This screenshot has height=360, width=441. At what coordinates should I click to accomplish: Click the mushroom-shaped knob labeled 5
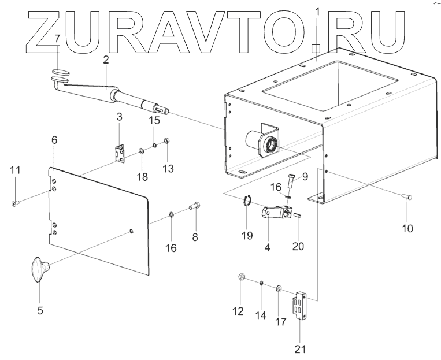tap(39, 270)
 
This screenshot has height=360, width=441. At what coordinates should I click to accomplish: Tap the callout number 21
tap(301, 349)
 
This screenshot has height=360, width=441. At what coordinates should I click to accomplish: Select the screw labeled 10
tap(407, 198)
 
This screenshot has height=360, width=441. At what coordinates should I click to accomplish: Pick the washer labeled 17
tap(279, 287)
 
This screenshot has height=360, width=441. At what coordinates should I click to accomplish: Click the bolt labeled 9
tap(290, 184)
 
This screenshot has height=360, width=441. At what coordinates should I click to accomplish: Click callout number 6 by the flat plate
tap(54, 140)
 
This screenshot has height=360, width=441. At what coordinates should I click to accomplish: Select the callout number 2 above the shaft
tap(106, 60)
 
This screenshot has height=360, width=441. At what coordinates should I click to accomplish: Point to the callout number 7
tap(57, 39)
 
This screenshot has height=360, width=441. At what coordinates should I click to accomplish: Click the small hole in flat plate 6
tap(131, 231)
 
